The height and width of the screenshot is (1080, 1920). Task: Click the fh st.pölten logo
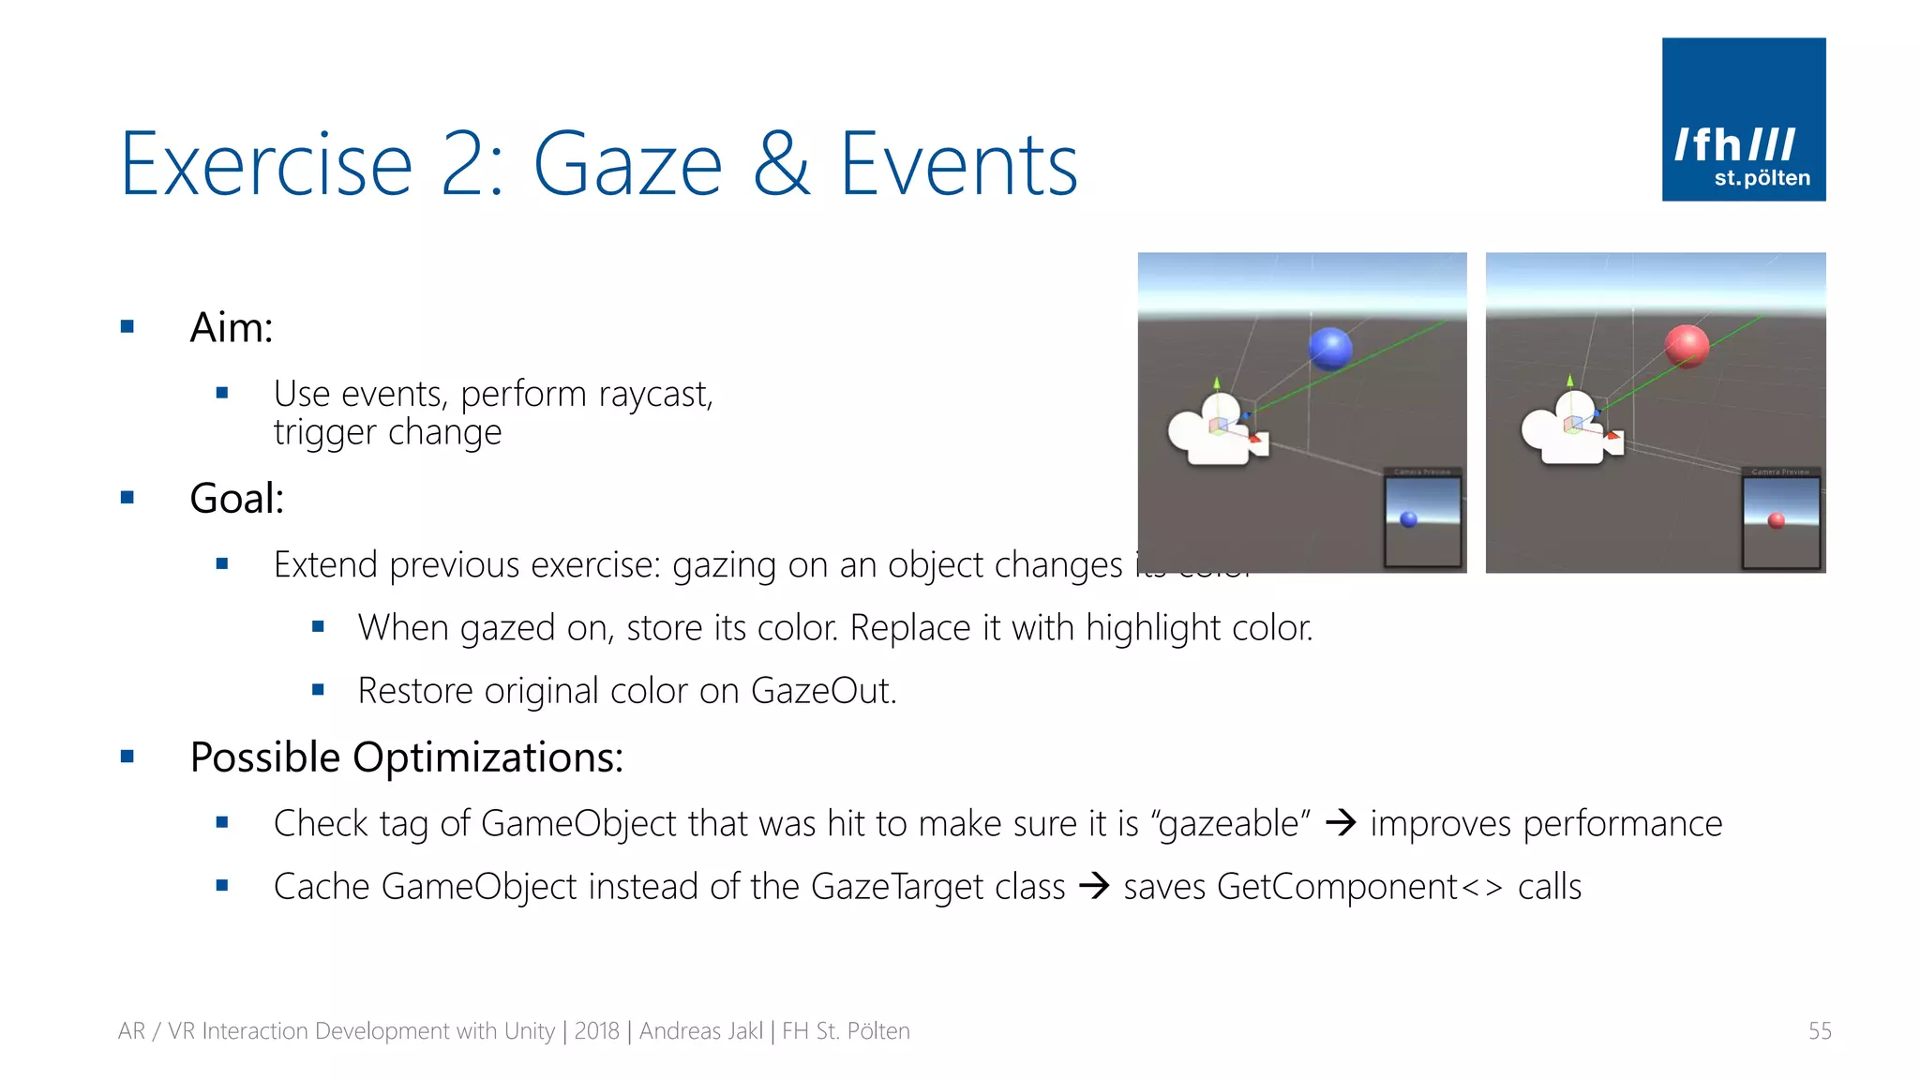(x=1743, y=119)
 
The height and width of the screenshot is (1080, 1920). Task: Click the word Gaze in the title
(x=628, y=165)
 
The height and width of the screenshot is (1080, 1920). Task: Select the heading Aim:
(x=231, y=328)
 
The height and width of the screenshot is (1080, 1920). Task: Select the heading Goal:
(x=236, y=499)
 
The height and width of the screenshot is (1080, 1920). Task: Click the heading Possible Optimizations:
(x=406, y=757)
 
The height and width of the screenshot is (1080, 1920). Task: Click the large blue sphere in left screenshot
(x=1329, y=349)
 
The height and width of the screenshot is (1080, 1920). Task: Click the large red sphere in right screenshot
(x=1687, y=346)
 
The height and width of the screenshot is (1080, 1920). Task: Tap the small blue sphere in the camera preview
(x=1408, y=519)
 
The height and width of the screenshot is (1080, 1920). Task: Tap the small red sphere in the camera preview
(x=1776, y=520)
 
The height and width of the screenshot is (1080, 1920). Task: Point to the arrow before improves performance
(x=1341, y=823)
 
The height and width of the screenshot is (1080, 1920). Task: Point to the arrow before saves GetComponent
(x=1094, y=886)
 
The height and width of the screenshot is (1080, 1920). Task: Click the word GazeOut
(x=821, y=692)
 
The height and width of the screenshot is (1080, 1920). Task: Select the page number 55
(x=1819, y=1031)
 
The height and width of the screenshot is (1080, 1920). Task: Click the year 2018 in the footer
(x=596, y=1031)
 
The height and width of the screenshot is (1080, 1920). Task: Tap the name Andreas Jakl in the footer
(x=700, y=1031)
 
